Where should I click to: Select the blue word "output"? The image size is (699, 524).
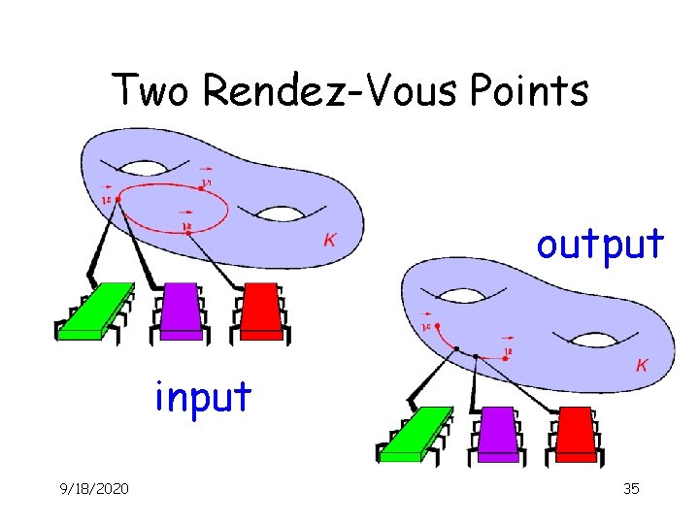(x=601, y=244)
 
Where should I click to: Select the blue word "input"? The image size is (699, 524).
(x=203, y=396)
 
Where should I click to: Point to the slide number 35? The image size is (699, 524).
(x=630, y=488)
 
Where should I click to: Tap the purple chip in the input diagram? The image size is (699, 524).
(x=183, y=309)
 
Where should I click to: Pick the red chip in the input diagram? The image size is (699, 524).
(x=260, y=309)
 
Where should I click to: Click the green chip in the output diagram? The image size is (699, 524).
(x=416, y=434)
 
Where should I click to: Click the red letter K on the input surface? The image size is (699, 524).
(x=330, y=239)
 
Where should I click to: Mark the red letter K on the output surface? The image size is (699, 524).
(x=642, y=365)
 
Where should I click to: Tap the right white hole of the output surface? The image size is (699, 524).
(x=589, y=339)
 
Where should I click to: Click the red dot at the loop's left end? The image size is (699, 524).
(x=118, y=199)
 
